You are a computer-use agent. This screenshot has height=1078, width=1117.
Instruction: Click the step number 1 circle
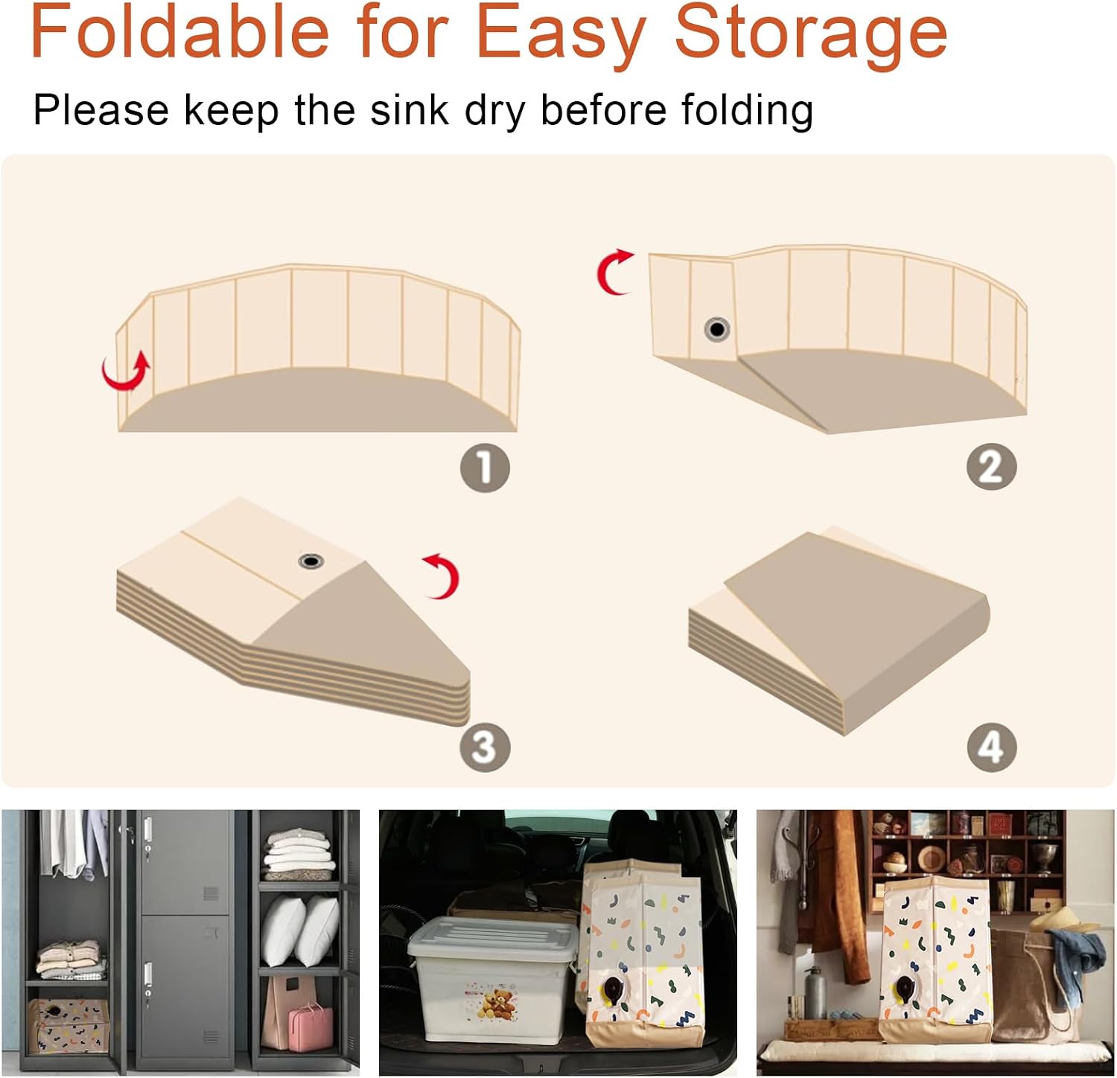click(485, 468)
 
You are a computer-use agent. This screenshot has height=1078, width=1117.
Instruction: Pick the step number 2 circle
click(991, 467)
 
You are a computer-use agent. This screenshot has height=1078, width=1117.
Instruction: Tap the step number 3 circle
click(485, 746)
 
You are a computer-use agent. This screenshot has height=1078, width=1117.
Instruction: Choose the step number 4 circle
click(991, 747)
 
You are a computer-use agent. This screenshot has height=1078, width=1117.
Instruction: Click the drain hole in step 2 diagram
click(716, 328)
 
